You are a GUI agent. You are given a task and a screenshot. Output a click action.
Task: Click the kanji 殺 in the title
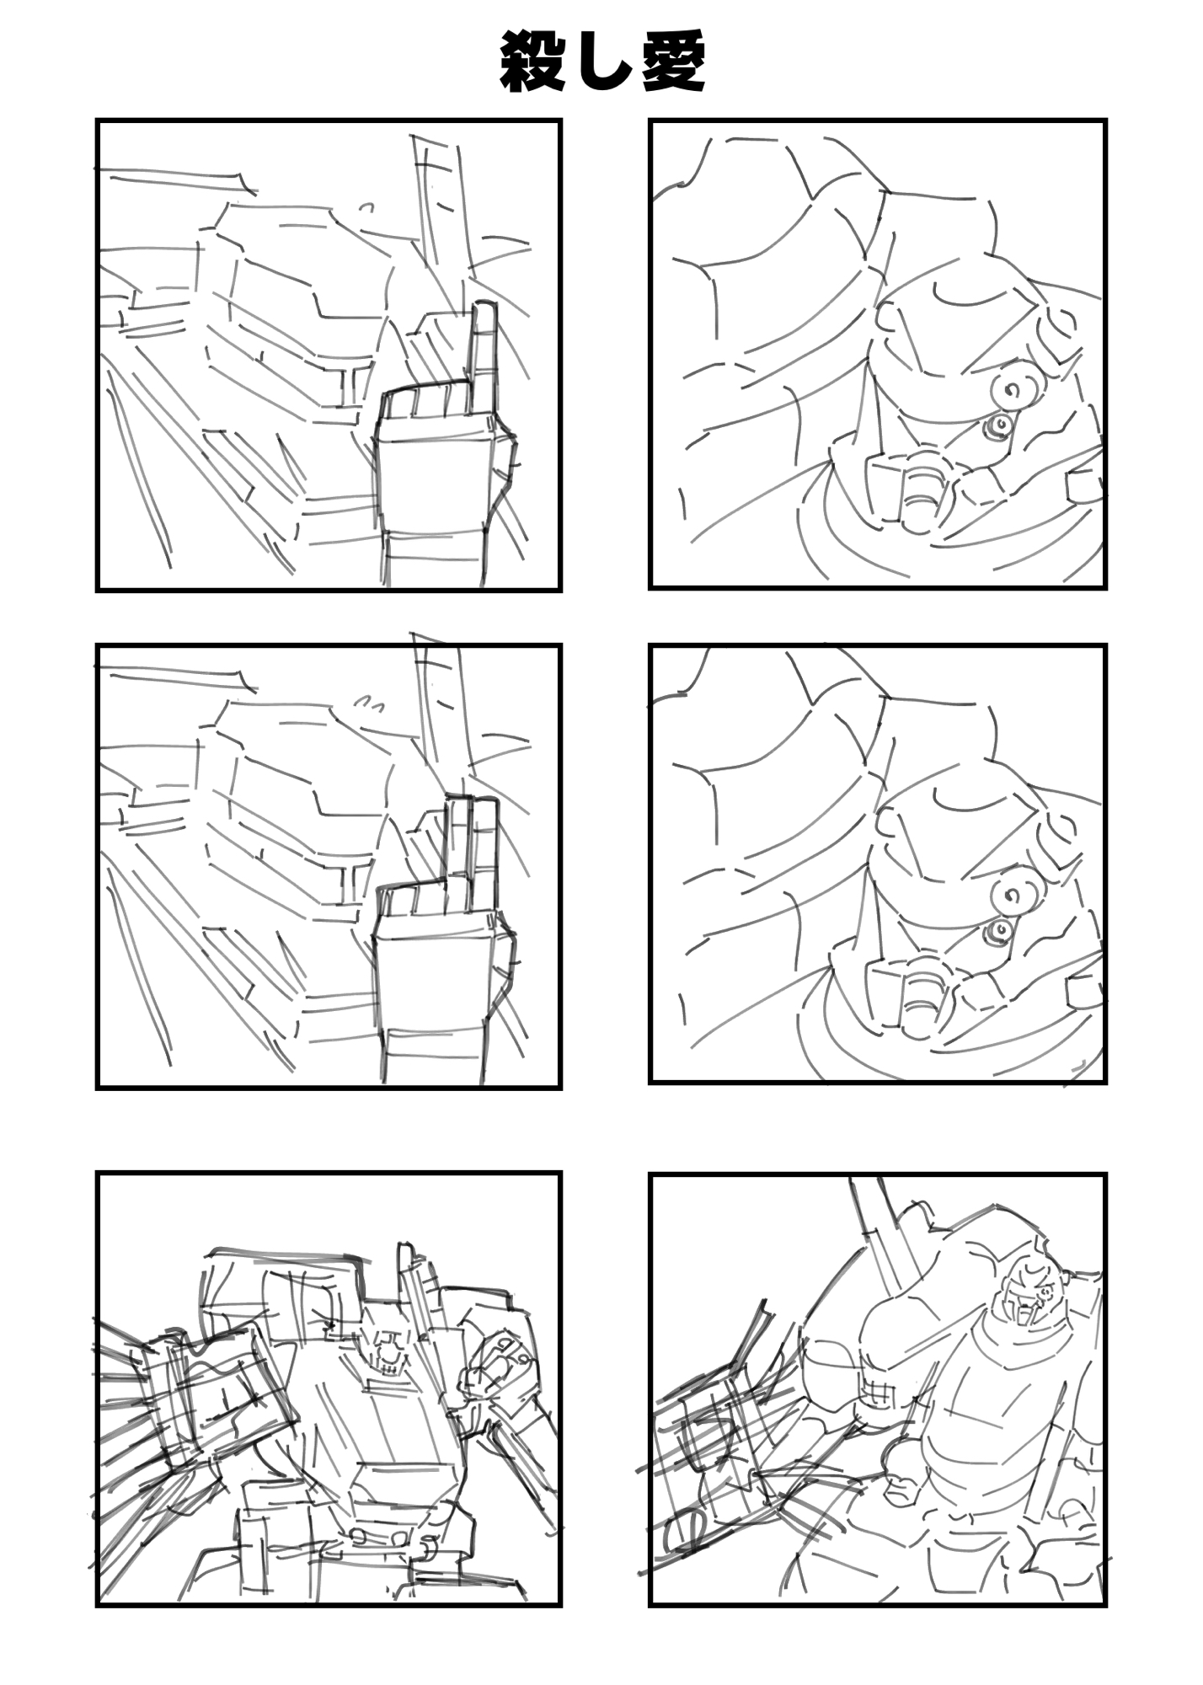tap(532, 62)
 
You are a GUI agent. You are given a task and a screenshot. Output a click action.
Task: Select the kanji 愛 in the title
tap(673, 62)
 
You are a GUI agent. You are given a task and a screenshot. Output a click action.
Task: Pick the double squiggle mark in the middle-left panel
tap(368, 702)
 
